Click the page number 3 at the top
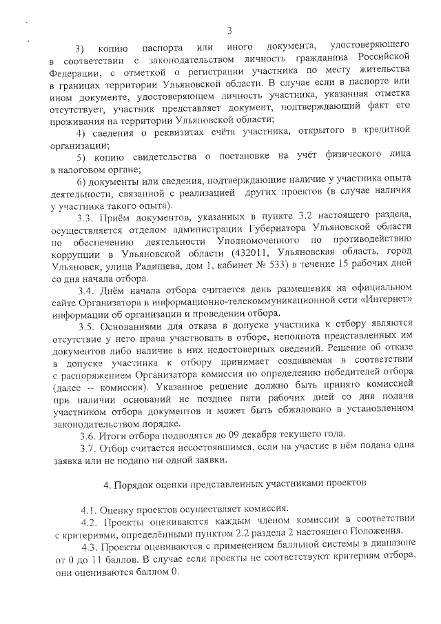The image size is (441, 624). tap(229, 29)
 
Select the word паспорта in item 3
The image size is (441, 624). tap(161, 48)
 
